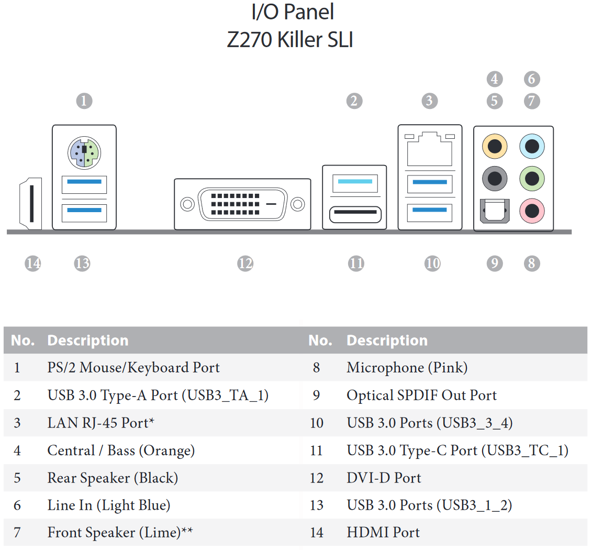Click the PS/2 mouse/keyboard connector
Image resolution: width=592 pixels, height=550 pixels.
(84, 152)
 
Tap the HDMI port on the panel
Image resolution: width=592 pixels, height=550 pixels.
(30, 204)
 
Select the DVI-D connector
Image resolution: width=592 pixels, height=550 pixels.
(242, 204)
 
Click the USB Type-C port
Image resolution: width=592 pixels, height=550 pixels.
(355, 215)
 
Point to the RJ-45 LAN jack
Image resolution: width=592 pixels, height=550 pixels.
(430, 149)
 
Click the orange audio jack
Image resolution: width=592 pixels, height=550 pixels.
(495, 146)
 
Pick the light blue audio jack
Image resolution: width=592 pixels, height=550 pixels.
(532, 146)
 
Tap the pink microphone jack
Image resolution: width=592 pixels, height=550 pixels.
(532, 211)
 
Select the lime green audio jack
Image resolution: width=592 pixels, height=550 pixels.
(532, 178)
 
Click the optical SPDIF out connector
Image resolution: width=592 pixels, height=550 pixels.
(495, 211)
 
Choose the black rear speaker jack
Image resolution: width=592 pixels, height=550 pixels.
(495, 178)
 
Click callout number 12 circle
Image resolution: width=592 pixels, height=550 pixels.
(245, 263)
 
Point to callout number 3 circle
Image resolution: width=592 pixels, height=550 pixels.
(430, 101)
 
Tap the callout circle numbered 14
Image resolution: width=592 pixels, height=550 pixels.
(33, 263)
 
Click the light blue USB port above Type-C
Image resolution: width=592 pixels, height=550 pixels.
(355, 183)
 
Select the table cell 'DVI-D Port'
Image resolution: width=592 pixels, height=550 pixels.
(384, 478)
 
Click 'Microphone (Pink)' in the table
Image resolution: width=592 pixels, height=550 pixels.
(407, 368)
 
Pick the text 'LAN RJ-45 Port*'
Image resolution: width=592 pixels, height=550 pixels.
(101, 423)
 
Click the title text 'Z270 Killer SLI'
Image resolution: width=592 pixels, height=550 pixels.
(290, 39)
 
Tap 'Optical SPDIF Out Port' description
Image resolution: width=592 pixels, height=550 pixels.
(422, 395)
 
